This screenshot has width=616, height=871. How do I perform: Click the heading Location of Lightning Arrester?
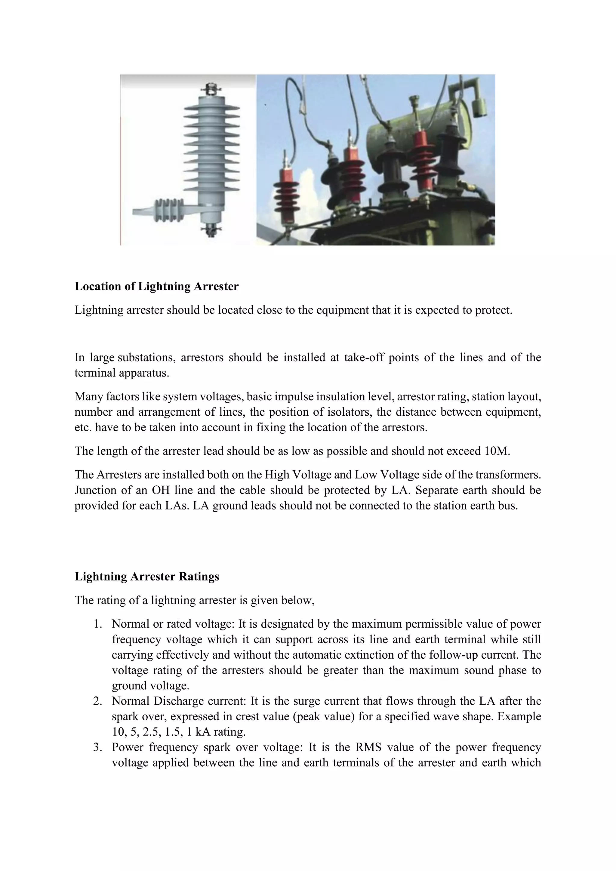click(156, 286)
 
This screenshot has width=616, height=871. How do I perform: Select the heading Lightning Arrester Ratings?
click(147, 576)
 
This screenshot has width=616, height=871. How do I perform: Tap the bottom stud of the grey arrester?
click(211, 231)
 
